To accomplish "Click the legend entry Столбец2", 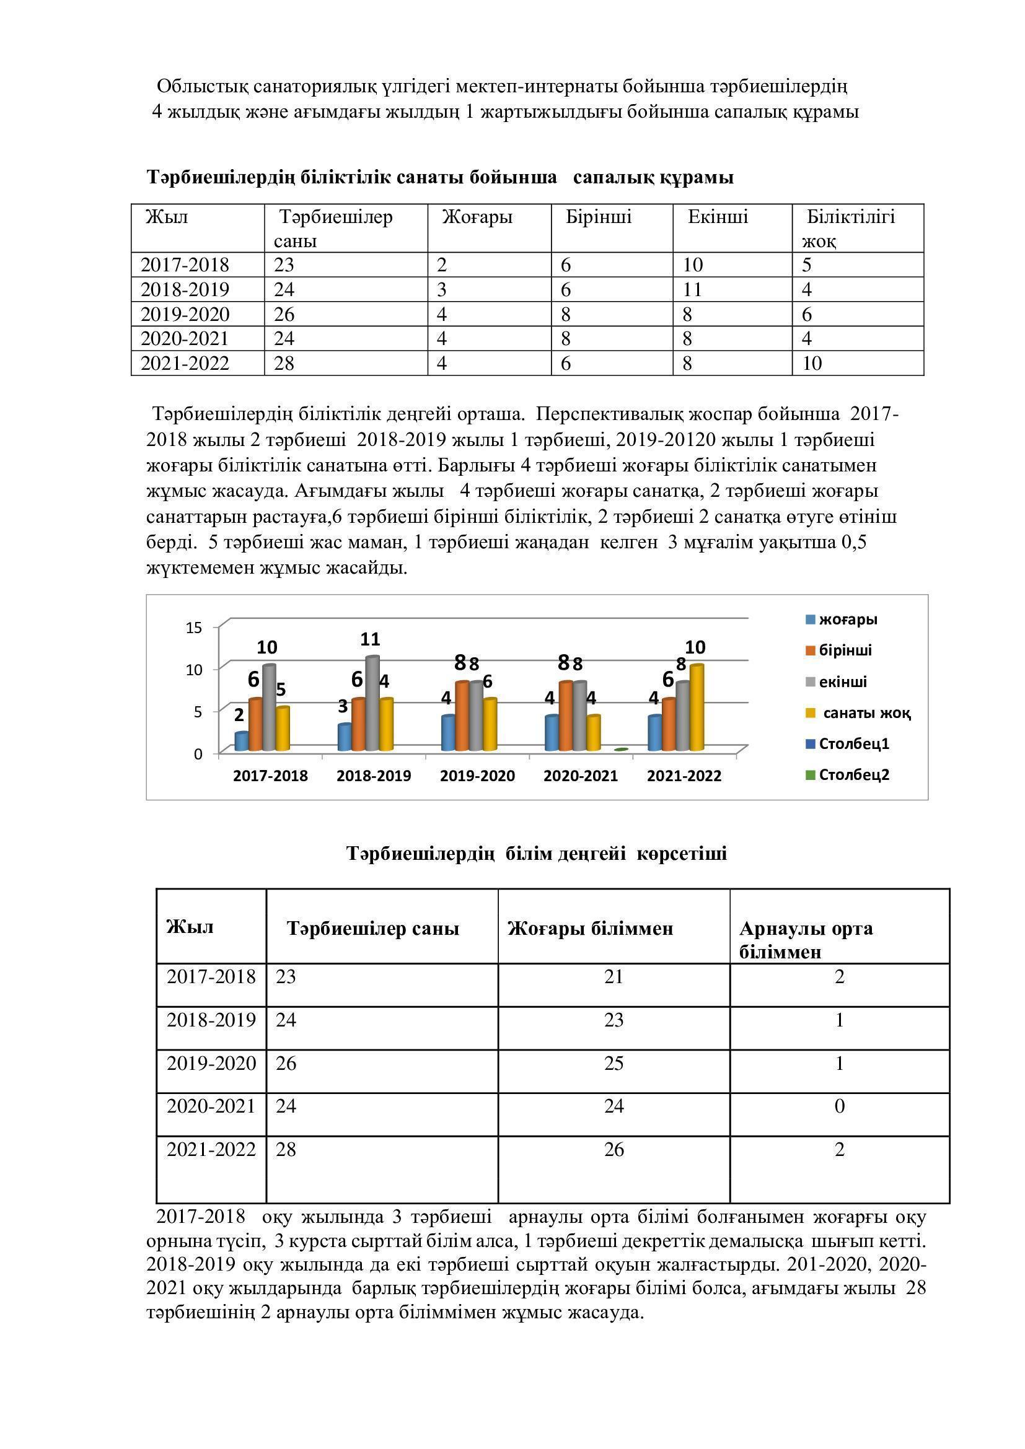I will point(853,775).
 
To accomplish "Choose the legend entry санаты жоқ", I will point(866,713).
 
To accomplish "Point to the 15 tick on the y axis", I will point(194,628).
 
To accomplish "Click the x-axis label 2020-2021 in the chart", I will point(580,776).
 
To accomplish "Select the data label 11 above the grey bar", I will point(371,639).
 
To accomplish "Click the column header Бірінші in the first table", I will point(599,217).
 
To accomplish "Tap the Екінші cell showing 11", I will point(693,290).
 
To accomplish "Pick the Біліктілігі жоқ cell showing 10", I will point(812,364).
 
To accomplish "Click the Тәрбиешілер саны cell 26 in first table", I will point(284,314).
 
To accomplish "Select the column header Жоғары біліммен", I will point(591,929).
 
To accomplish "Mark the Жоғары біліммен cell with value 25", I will point(614,1064).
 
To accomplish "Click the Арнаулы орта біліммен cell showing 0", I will point(839,1106).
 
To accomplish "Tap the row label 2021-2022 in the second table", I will point(211,1149).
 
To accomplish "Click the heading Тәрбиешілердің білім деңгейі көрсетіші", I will point(537,853).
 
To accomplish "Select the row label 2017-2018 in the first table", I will point(184,265).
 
